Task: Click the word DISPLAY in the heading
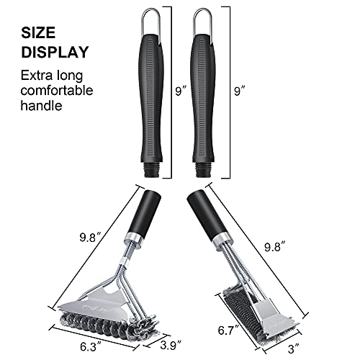pyautogui.click(x=54, y=53)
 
